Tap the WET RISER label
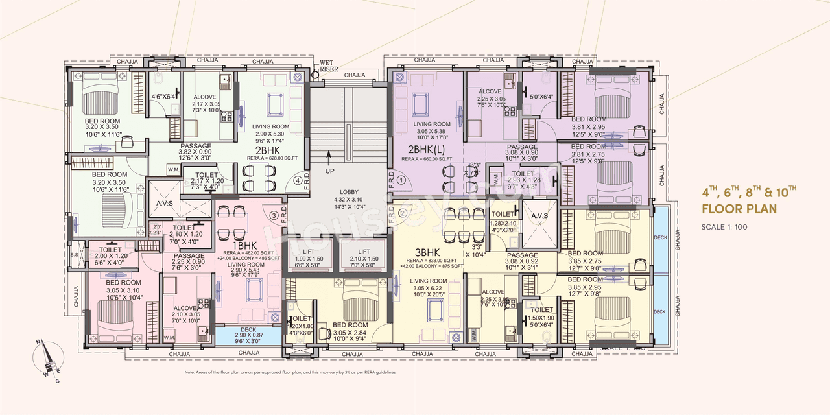click(x=329, y=66)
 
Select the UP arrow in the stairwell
click(x=329, y=158)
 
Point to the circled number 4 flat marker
click(x=298, y=181)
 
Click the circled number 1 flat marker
click(x=401, y=180)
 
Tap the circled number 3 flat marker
click(x=274, y=215)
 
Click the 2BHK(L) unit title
click(x=425, y=149)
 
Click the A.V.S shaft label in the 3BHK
click(x=539, y=215)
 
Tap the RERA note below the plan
click(x=290, y=373)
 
